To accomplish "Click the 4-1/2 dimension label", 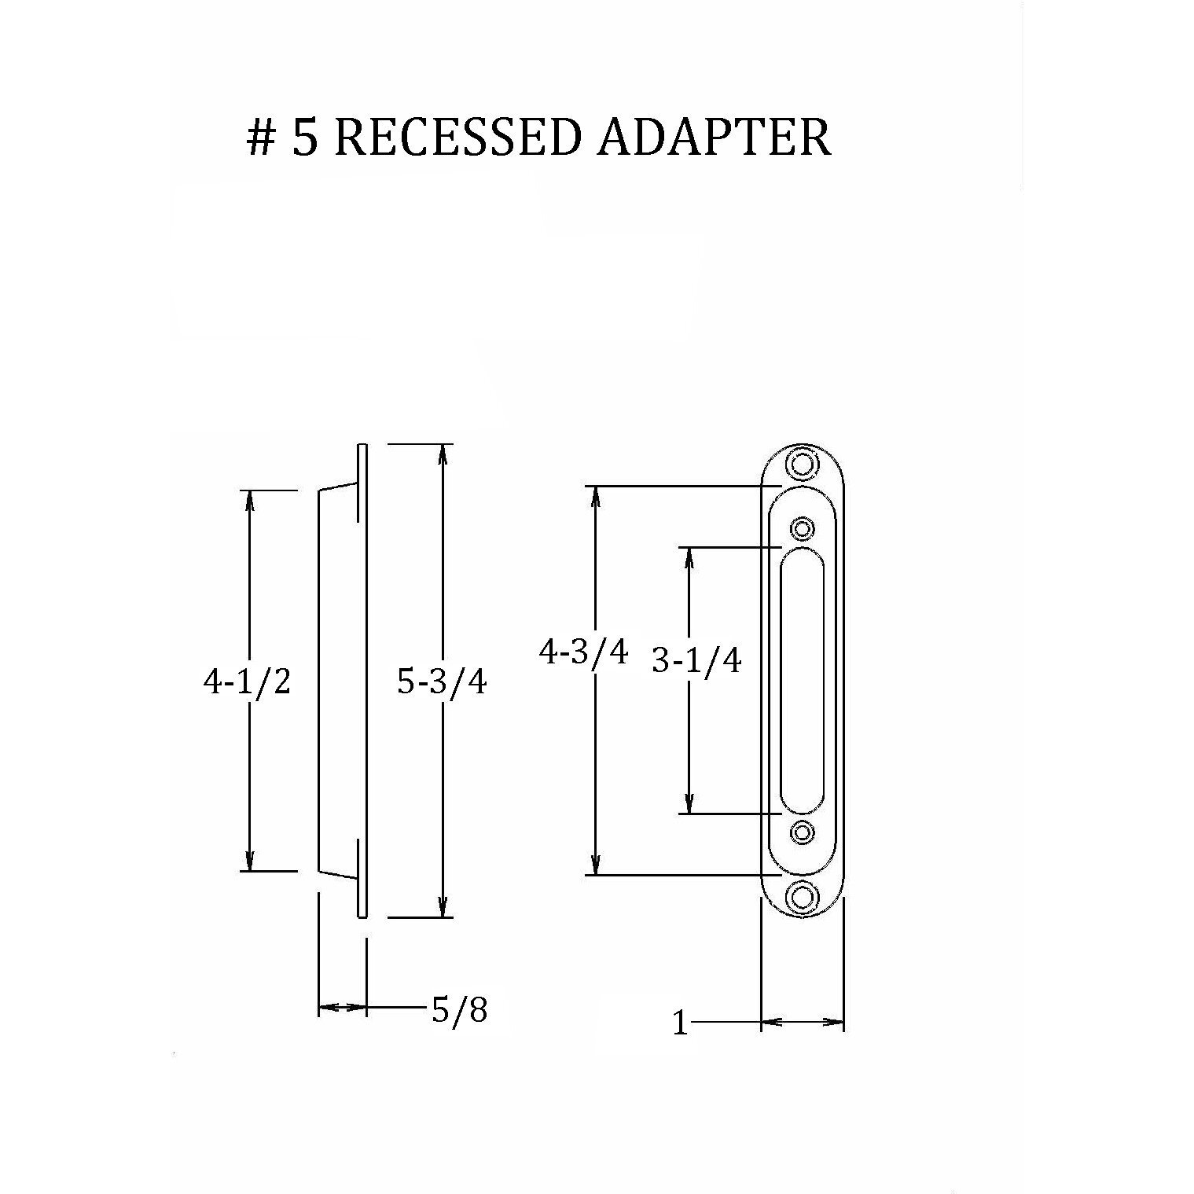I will tap(247, 682).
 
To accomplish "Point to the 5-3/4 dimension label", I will tap(442, 682).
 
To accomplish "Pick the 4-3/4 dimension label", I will tap(583, 652).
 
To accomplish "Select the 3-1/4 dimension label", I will tap(696, 662).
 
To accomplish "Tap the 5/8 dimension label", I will tap(459, 1010).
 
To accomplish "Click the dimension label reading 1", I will tap(681, 1024).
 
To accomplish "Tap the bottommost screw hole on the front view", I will tap(802, 896).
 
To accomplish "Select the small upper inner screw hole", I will tap(802, 527).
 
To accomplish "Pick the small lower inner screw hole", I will tap(802, 832).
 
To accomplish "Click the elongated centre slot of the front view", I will tap(802, 680).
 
